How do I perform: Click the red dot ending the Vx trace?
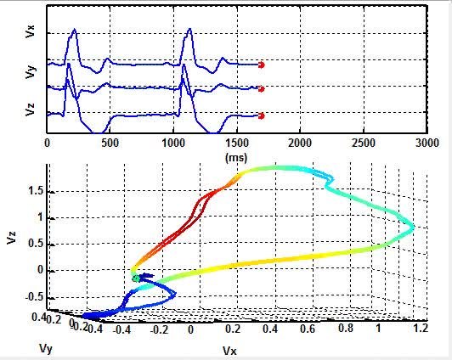click(261, 65)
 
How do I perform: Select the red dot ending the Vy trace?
click(261, 88)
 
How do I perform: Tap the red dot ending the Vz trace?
click(261, 115)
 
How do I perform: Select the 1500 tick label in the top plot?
click(236, 144)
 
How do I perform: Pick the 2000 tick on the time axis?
click(299, 144)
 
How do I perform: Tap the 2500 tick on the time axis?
click(363, 144)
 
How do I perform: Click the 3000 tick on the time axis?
click(426, 144)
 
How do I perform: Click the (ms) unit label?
click(235, 157)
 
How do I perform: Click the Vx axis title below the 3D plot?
click(230, 350)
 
